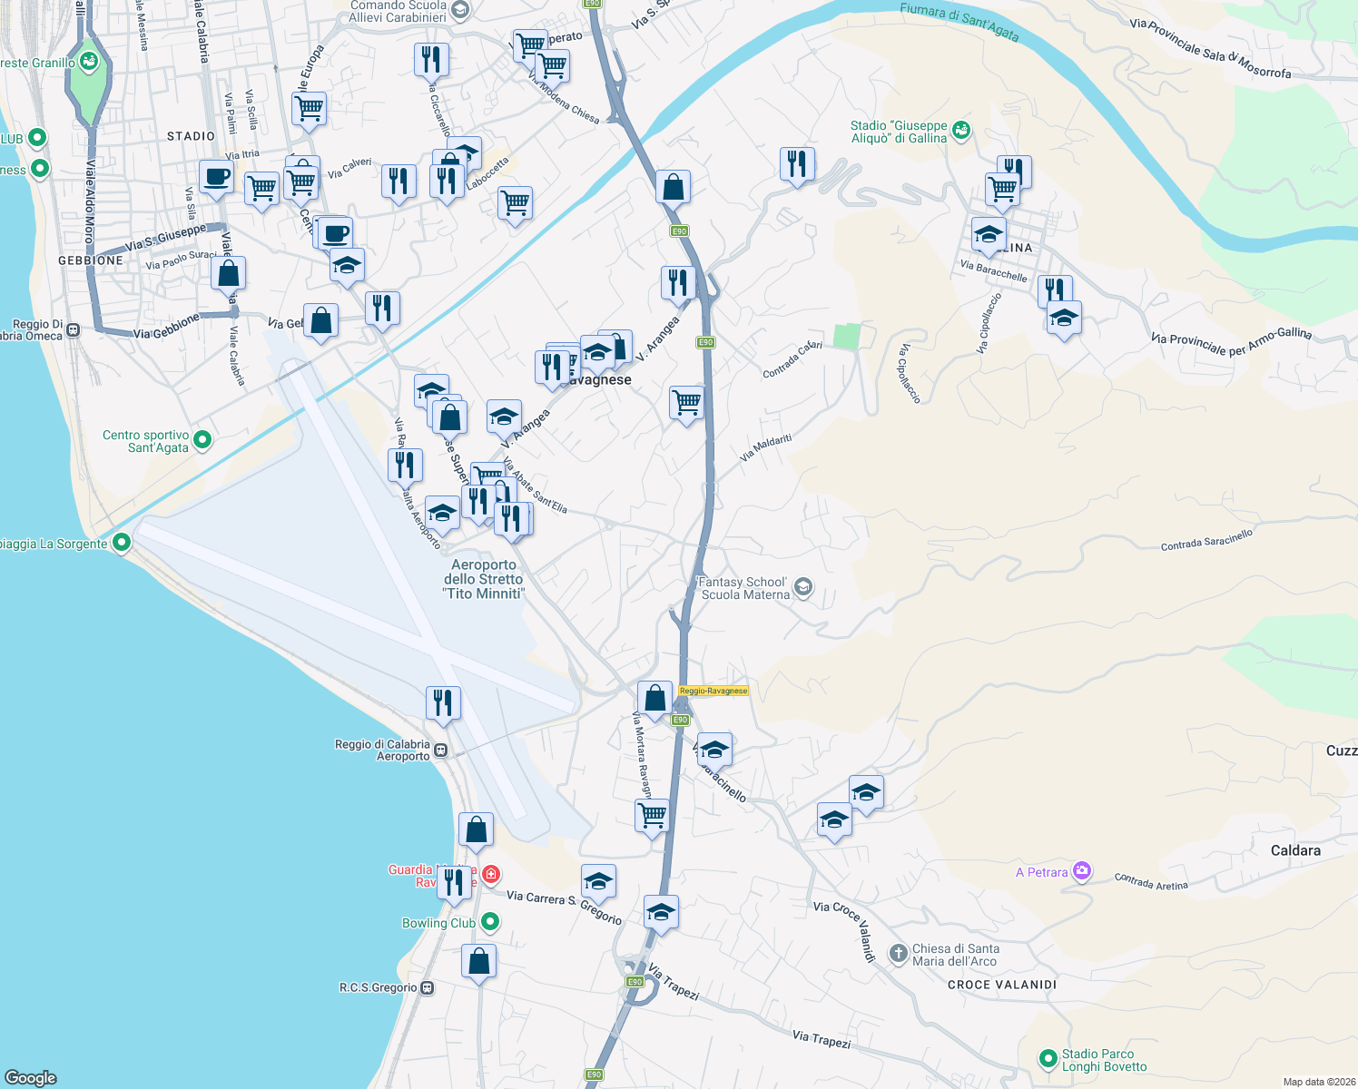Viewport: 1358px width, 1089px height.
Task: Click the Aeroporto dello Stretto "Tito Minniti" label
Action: [484, 579]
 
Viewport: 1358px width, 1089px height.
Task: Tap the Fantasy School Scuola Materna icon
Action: [802, 588]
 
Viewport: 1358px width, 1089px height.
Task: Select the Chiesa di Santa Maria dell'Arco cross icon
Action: [898, 954]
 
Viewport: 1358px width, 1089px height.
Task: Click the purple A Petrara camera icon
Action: [1081, 872]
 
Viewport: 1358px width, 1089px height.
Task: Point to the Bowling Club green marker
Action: [490, 923]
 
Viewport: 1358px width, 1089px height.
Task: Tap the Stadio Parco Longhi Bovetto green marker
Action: [1048, 1059]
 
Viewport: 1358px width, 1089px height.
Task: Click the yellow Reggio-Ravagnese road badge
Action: [713, 691]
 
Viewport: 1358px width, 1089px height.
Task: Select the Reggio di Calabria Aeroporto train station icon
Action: [440, 751]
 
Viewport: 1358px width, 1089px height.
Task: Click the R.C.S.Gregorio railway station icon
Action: [428, 987]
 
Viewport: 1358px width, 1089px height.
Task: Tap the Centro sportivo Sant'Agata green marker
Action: [202, 440]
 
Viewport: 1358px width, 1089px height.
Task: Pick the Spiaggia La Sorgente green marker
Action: [122, 543]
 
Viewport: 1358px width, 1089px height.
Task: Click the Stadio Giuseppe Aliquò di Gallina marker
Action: [961, 132]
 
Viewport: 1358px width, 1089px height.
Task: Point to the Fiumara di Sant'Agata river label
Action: [959, 21]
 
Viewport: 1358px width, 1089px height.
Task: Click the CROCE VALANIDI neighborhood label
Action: [1002, 985]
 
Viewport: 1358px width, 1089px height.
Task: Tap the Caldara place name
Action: [1295, 850]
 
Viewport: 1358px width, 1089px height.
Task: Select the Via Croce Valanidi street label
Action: [844, 930]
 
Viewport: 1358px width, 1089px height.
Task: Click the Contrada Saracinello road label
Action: [1206, 541]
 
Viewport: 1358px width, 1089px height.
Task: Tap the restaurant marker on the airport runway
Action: [443, 703]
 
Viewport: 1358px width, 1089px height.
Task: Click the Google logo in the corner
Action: [31, 1078]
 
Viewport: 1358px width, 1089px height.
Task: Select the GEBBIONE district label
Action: [91, 260]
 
